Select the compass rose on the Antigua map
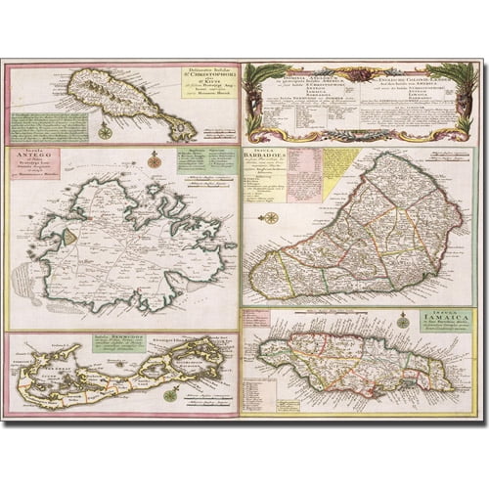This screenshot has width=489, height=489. click(x=153, y=161)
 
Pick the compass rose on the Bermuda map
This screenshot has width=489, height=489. click(x=170, y=394)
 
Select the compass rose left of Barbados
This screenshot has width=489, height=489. click(x=271, y=217)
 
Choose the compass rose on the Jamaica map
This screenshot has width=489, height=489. click(x=402, y=320)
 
